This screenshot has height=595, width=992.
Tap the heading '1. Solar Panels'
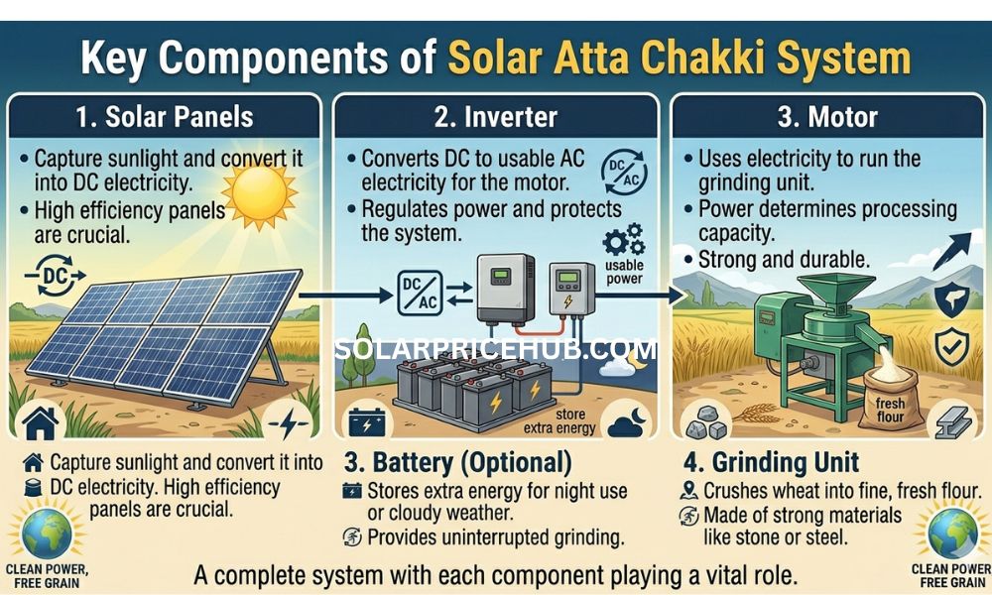(163, 116)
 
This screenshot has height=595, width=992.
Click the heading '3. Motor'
(827, 116)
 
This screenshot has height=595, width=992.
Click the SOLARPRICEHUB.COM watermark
(496, 349)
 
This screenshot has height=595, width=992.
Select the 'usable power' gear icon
(622, 242)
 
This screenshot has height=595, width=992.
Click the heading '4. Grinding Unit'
(772, 462)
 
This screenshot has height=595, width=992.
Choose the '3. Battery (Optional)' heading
(457, 462)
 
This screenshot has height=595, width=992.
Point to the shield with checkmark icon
(953, 346)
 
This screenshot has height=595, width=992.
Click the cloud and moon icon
(630, 420)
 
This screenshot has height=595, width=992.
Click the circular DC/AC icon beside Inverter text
(621, 174)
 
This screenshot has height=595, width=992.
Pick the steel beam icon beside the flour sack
(954, 419)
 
